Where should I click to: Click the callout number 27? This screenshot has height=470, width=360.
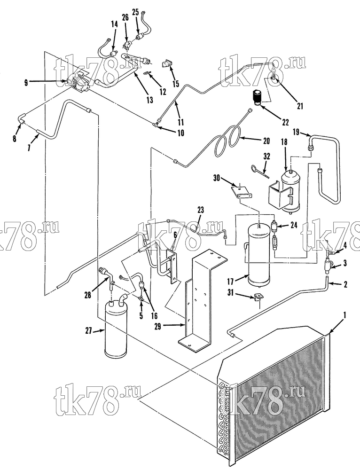[x=89, y=330]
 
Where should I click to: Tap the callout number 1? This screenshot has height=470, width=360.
[x=344, y=315]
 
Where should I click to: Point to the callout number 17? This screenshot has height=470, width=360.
[x=230, y=281]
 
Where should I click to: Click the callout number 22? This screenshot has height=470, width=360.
[x=285, y=122]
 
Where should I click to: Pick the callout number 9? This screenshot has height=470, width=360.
[x=26, y=82]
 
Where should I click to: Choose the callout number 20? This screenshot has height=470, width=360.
[x=266, y=141]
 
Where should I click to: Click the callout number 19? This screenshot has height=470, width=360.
[x=296, y=132]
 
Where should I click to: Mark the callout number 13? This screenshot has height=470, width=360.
[x=149, y=100]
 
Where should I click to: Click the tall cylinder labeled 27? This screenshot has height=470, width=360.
[x=116, y=330]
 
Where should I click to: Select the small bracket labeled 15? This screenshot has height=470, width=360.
[x=167, y=64]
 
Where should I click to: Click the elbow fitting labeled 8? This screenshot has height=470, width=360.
[x=22, y=117]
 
